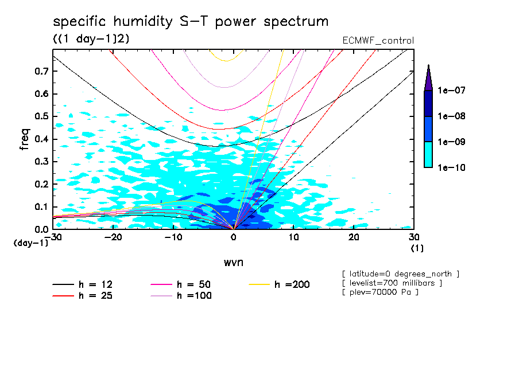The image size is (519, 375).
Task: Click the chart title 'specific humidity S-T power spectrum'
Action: (x=191, y=22)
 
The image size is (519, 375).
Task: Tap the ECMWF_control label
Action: (x=378, y=41)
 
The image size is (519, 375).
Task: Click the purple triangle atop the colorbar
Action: (x=428, y=77)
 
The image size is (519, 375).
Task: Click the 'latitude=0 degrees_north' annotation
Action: (x=400, y=273)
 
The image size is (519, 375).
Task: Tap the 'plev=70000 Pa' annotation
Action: (x=379, y=292)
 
